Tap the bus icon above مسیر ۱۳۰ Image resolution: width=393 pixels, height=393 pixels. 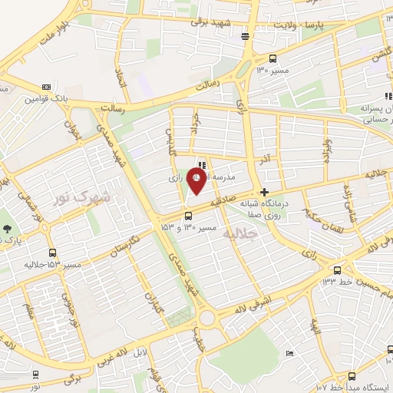click(x=273, y=58)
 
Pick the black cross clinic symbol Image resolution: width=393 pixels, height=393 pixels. click(x=265, y=192)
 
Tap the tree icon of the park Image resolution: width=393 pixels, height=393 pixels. click(x=7, y=228)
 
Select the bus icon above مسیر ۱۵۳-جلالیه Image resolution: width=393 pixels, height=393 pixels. click(x=52, y=253)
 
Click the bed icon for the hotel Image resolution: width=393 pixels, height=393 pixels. click(x=289, y=353)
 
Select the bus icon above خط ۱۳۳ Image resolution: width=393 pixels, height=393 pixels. click(x=338, y=269)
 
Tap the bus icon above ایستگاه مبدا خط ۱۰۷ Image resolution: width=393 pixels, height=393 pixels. click(x=352, y=376)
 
